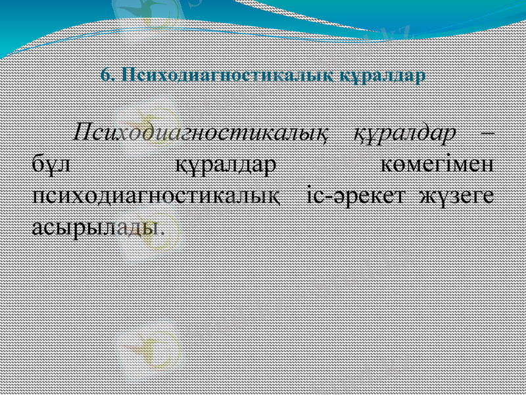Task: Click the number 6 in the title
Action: pyautogui.click(x=105, y=74)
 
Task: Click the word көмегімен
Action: pyautogui.click(x=437, y=164)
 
